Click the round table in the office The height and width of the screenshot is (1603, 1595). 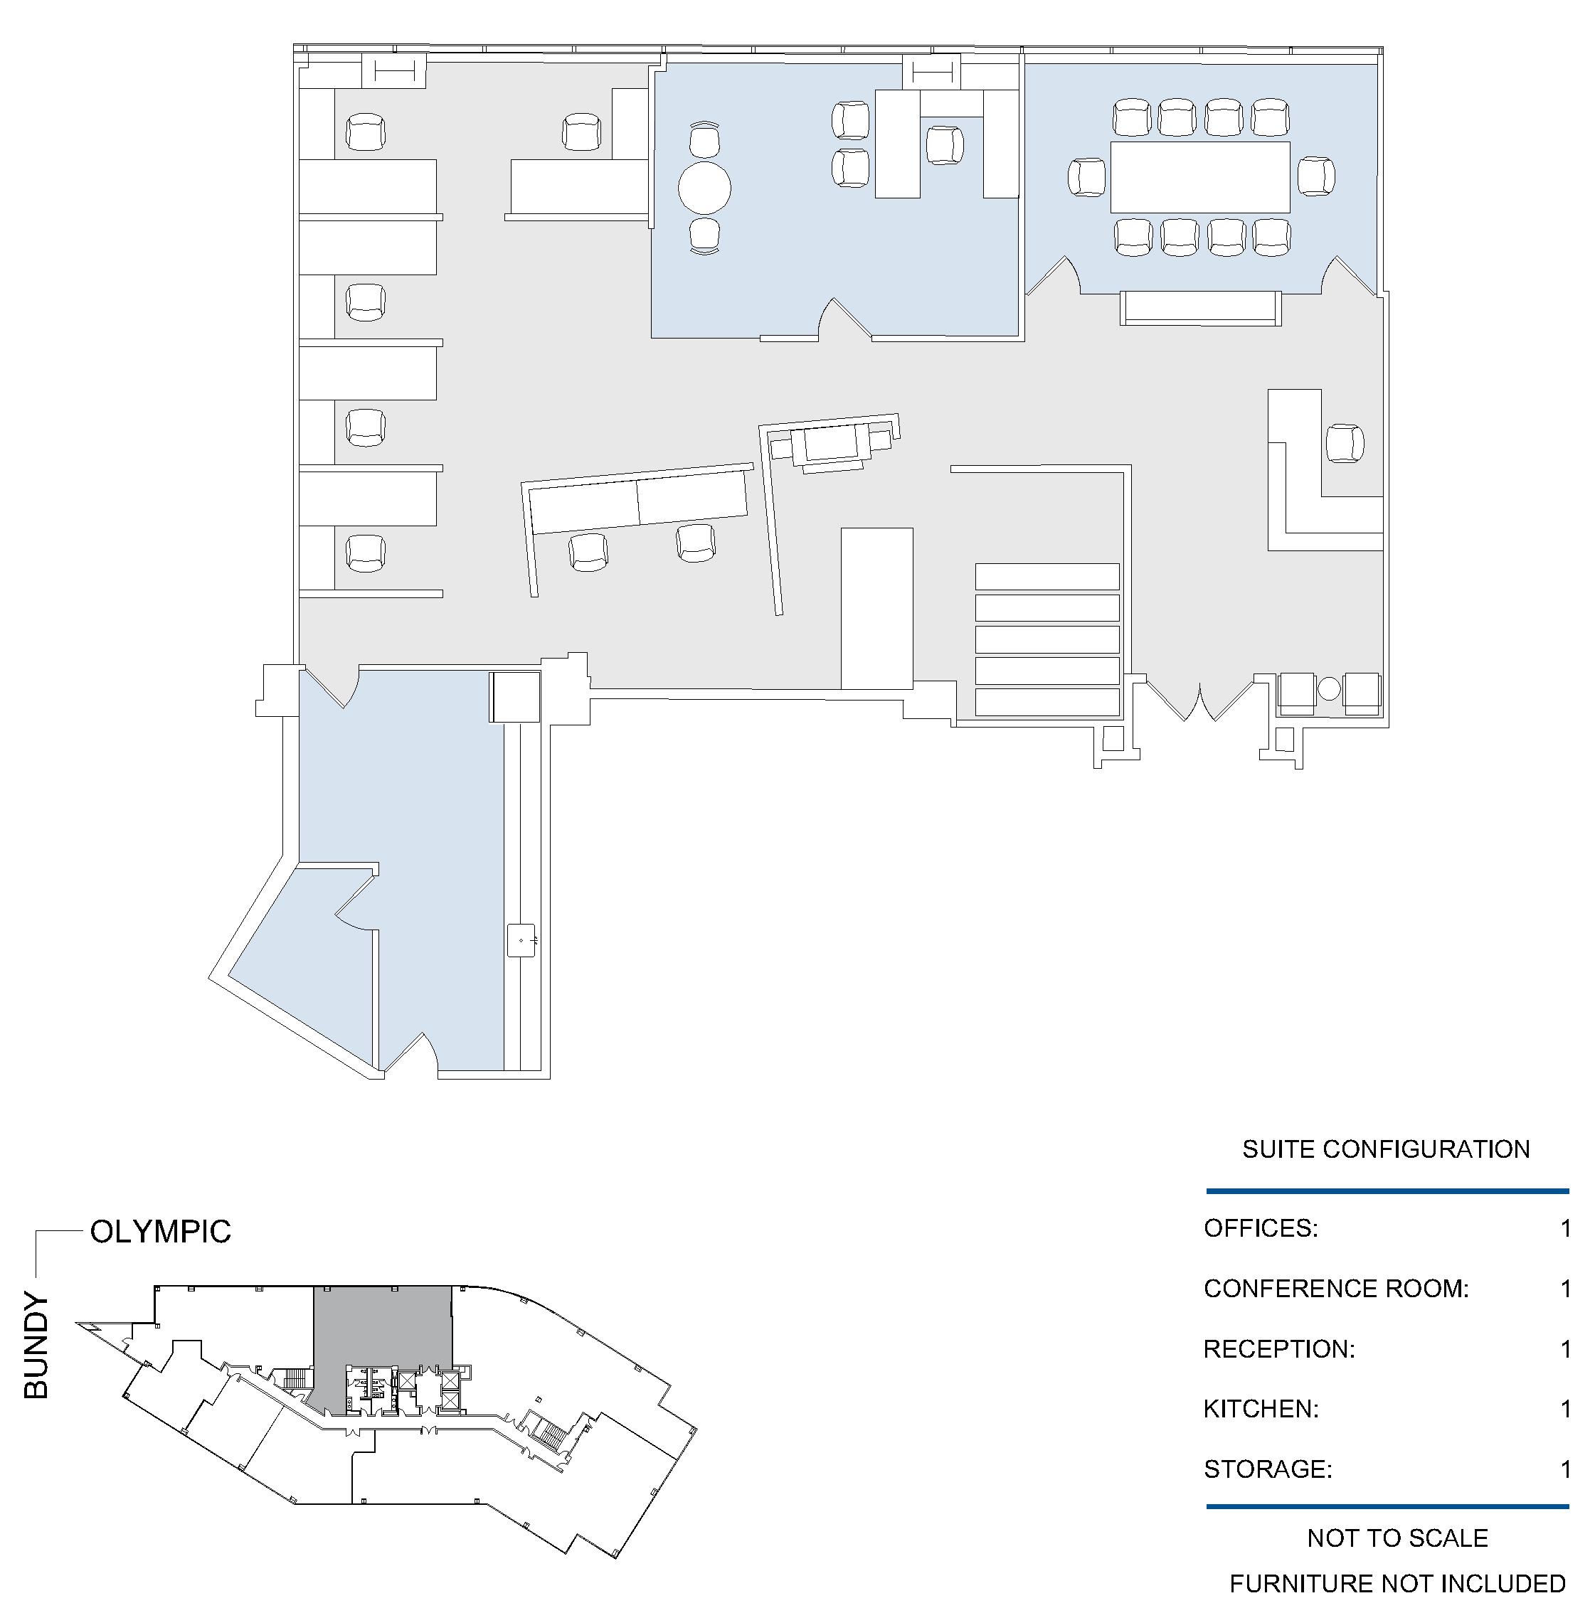(x=704, y=188)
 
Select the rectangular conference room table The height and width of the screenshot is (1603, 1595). (x=1200, y=176)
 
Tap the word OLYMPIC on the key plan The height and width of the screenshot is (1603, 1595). (x=160, y=1232)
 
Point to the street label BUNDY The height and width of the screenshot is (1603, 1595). (x=36, y=1346)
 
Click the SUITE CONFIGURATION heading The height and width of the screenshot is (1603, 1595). (x=1386, y=1149)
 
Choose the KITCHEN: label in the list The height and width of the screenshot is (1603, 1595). (x=1261, y=1409)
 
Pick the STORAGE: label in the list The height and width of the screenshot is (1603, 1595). (x=1267, y=1469)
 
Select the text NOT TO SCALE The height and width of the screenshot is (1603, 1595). (x=1397, y=1538)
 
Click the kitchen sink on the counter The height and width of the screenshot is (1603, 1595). (x=522, y=940)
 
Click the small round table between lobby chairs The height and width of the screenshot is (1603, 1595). (x=1330, y=688)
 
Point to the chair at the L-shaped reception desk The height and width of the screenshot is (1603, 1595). (x=1345, y=443)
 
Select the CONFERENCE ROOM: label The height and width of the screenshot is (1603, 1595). (x=1336, y=1289)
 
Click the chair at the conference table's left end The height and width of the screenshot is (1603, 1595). (x=1086, y=176)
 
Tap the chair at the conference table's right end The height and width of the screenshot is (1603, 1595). (x=1316, y=176)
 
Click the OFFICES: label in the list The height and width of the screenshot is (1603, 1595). (x=1261, y=1228)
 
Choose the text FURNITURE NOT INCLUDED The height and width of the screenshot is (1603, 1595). (x=1397, y=1584)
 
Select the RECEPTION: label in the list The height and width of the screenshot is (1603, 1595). (x=1279, y=1349)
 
